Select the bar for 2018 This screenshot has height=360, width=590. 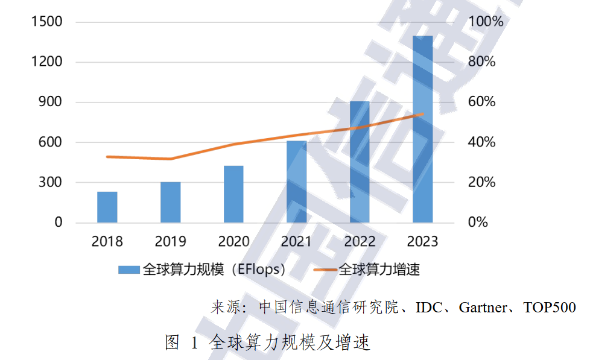[107, 207]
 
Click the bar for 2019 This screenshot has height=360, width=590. [171, 202]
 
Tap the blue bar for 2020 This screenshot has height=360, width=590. [233, 194]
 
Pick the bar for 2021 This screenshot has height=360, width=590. [296, 182]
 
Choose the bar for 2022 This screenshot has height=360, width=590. [360, 162]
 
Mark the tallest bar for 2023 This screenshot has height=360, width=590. [422, 129]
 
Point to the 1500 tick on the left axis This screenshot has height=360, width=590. [47, 22]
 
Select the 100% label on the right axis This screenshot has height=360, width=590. [486, 22]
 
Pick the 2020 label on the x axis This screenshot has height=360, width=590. [233, 242]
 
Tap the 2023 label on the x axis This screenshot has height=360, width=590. [422, 242]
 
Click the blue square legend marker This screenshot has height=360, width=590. [129, 270]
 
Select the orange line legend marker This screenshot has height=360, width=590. [326, 270]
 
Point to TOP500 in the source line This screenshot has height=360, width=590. [550, 308]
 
